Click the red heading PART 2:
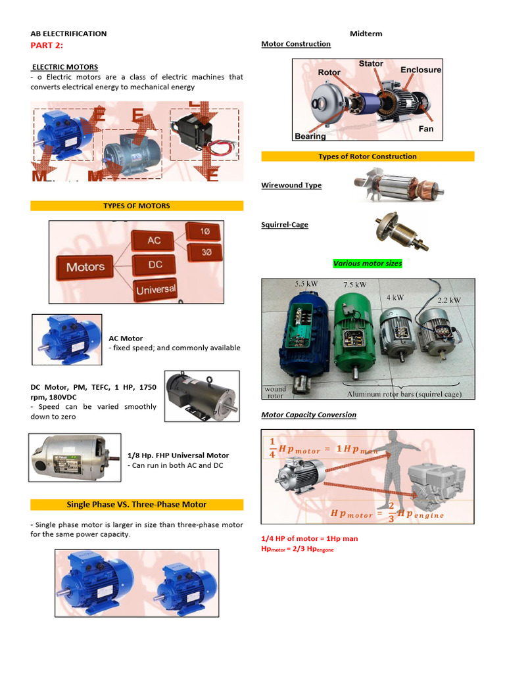click(49, 45)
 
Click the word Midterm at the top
click(366, 34)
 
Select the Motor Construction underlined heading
click(296, 44)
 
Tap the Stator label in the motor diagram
click(371, 64)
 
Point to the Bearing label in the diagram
click(310, 136)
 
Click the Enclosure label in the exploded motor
click(421, 70)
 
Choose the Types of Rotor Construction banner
click(368, 156)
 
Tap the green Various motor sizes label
click(368, 264)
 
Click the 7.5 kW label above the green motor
click(354, 285)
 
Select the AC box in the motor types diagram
click(154, 240)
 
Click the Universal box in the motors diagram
click(156, 289)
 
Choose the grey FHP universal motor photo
click(74, 456)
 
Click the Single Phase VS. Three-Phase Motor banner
click(137, 505)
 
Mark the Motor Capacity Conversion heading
click(308, 415)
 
